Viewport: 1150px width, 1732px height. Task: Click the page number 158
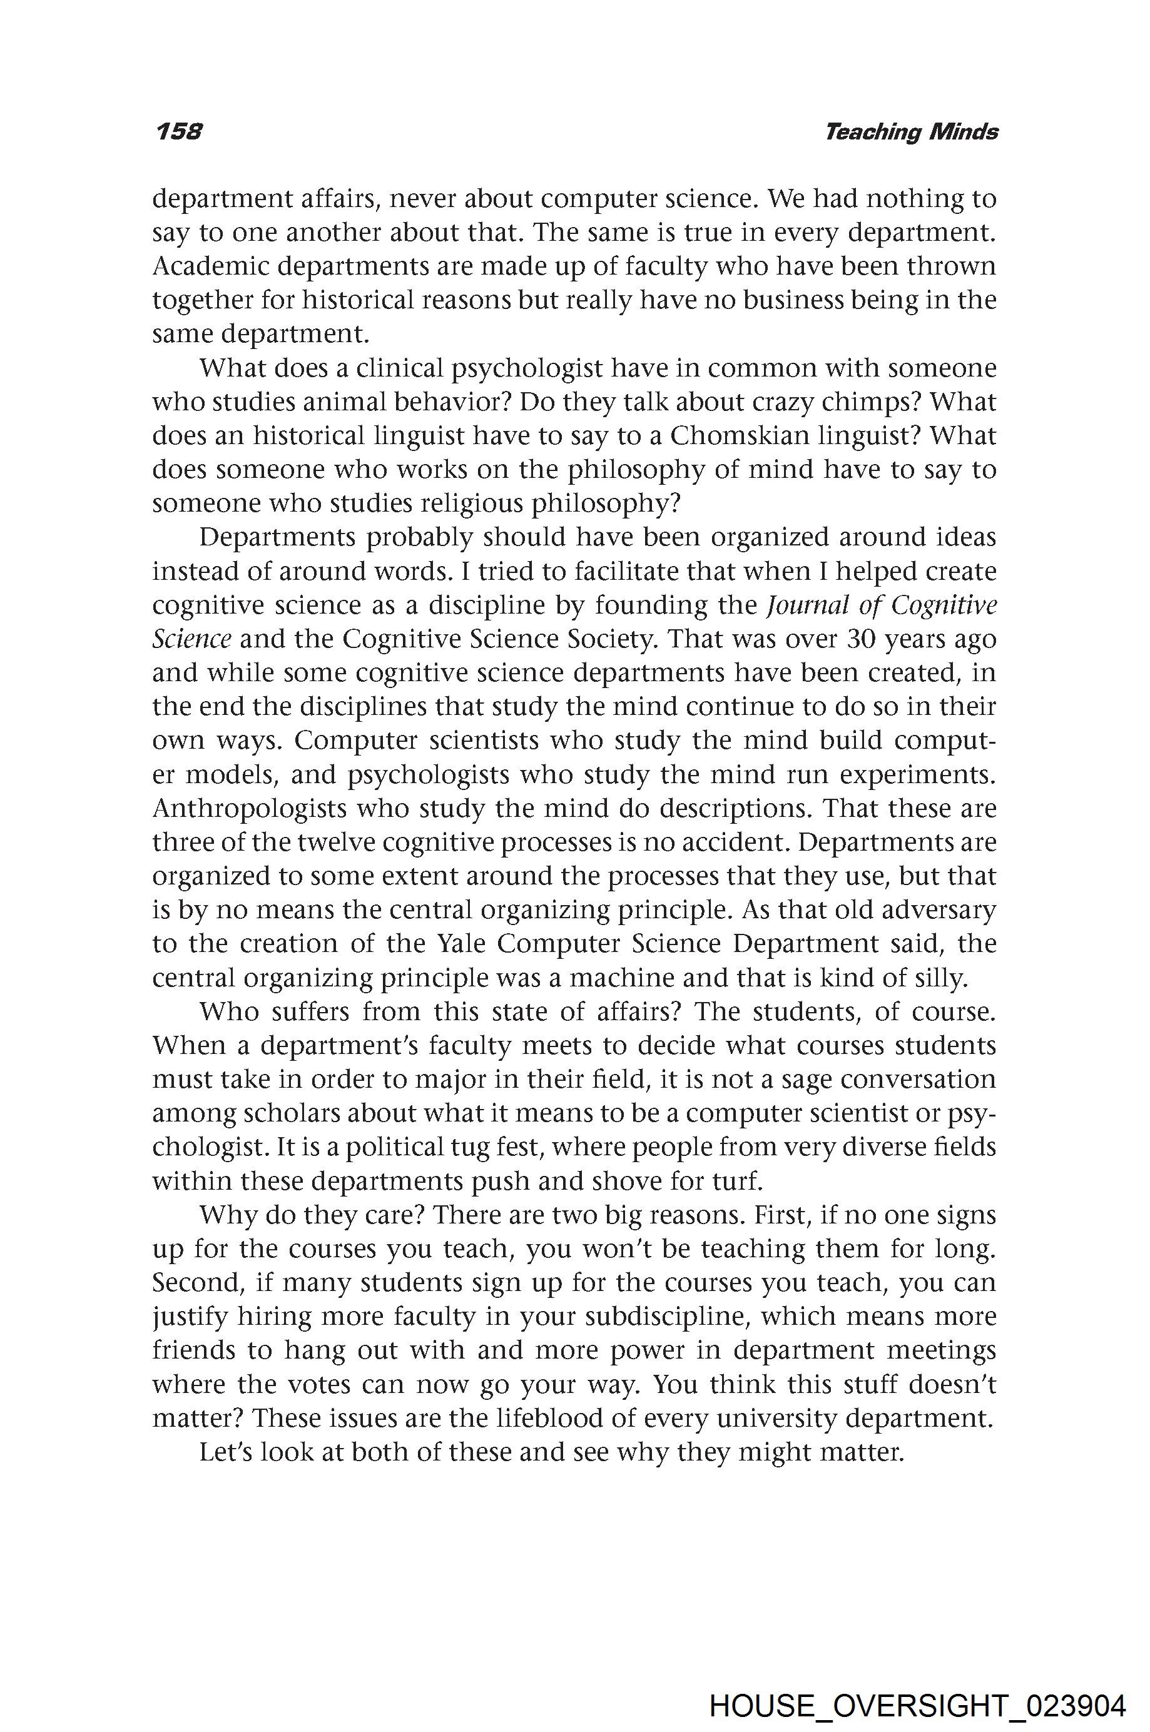tap(178, 131)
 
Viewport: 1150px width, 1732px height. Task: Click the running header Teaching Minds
tap(911, 132)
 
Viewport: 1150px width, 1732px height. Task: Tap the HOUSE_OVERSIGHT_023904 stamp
tap(917, 1686)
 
